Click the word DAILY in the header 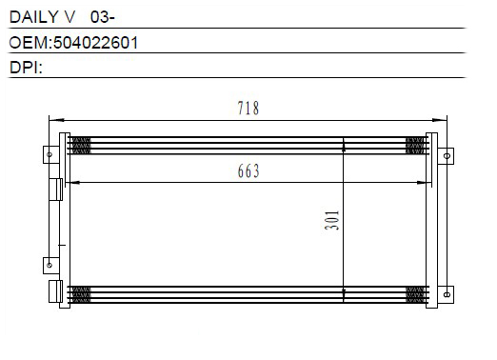33,17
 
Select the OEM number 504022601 96,43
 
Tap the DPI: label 26,68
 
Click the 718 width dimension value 248,108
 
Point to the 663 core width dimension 248,170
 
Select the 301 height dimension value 332,220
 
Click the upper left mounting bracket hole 50,154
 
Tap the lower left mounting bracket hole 50,265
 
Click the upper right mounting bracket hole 447,156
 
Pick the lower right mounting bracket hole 447,294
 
